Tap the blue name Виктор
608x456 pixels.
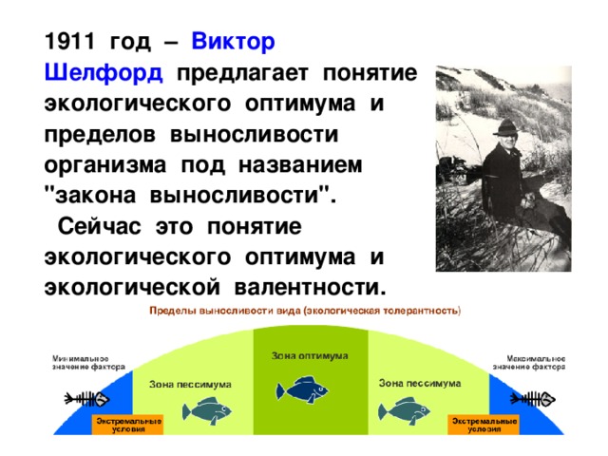point(234,43)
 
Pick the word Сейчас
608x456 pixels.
point(107,228)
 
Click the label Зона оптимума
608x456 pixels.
point(310,355)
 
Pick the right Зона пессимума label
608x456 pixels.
point(420,382)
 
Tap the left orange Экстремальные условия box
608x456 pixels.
point(126,424)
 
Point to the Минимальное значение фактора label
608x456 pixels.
point(80,363)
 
